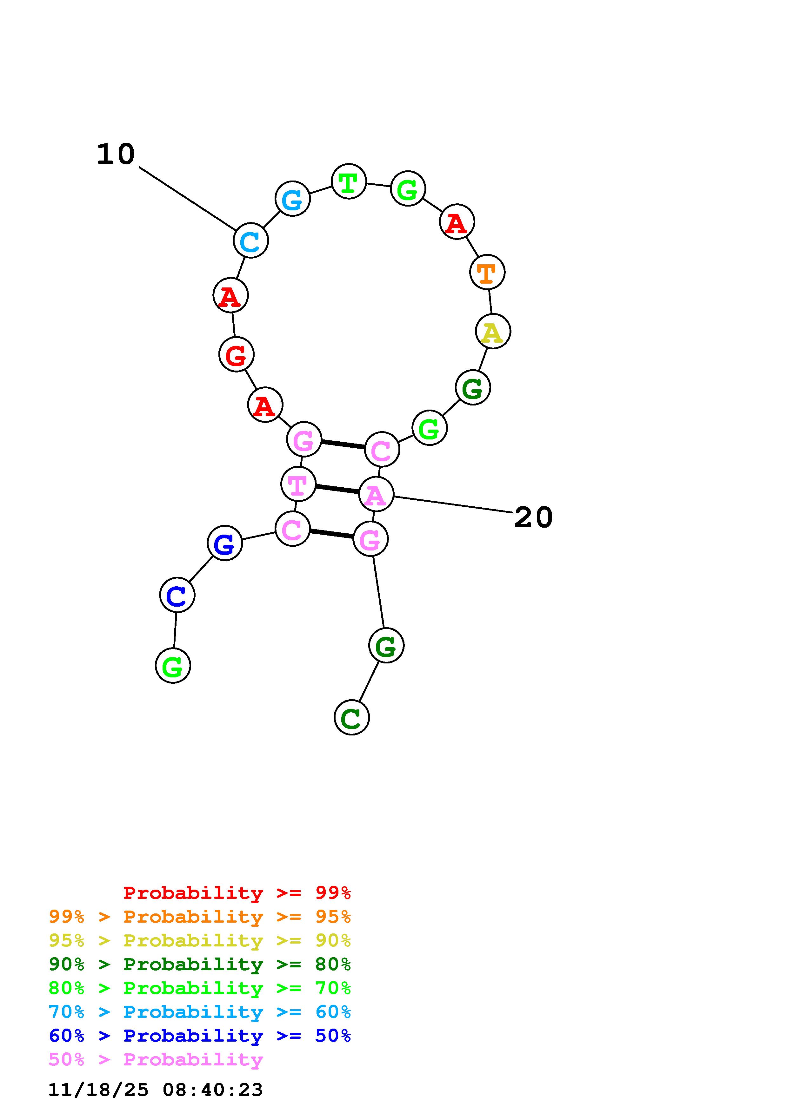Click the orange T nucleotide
coord(487,273)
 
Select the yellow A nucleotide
coord(493,332)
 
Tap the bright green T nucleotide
coord(349,182)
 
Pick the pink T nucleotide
coord(298,484)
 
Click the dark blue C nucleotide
coord(177,595)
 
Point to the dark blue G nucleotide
coord(224,543)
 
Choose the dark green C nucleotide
coord(351,717)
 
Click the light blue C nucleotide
coord(251,240)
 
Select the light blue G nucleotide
coord(292,199)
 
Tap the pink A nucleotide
coord(376,494)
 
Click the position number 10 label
coord(116,155)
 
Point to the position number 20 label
coord(533,518)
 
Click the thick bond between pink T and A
coord(337,489)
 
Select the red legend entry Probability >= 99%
coord(237,893)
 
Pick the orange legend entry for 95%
coord(200,917)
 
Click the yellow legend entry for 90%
coord(200,940)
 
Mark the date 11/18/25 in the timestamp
coord(98,1090)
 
